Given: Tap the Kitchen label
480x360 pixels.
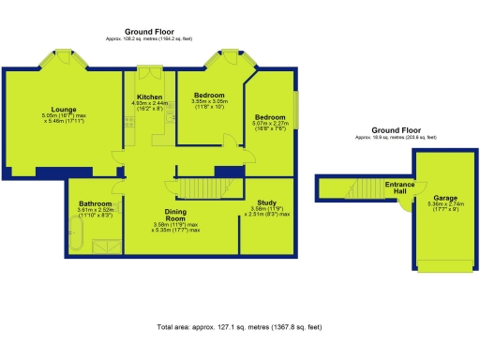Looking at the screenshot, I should [x=151, y=97].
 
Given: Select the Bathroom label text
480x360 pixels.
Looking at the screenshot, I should [x=96, y=203].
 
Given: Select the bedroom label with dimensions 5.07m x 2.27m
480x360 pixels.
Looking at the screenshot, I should [x=269, y=116].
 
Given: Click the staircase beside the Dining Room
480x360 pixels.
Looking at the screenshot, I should [x=199, y=189].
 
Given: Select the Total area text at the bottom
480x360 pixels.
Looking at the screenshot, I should [x=239, y=327].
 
